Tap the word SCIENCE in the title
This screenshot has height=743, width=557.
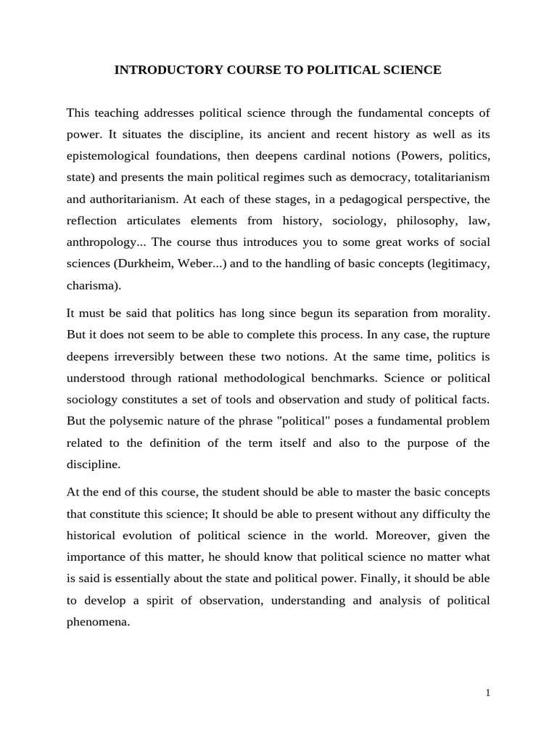coord(413,70)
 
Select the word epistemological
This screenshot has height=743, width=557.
coord(111,156)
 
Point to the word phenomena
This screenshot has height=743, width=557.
coord(97,621)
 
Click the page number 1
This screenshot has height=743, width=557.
coord(488,693)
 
